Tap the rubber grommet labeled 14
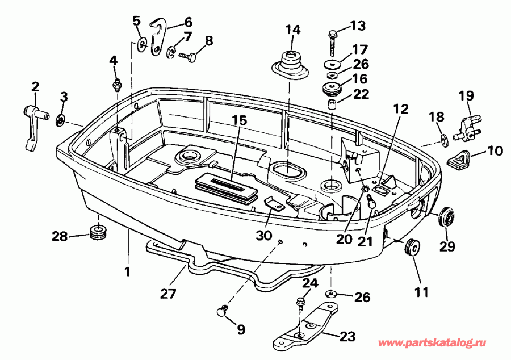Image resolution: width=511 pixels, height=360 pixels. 290,64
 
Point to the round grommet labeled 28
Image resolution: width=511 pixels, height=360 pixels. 99,232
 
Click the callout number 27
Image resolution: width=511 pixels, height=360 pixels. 168,294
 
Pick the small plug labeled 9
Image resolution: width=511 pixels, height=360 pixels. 222,310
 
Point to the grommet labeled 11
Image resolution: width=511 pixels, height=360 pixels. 412,248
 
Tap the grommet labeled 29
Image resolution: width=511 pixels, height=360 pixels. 448,216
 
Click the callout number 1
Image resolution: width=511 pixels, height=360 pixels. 127,271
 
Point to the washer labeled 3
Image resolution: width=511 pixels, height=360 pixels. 60,120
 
